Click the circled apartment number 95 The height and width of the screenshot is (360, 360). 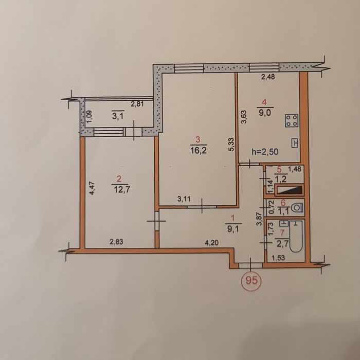[x=251, y=280]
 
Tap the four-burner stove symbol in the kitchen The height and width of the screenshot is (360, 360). [x=292, y=120]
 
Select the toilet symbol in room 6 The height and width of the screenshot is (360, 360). [x=297, y=208]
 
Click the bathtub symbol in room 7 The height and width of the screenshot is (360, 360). [x=296, y=237]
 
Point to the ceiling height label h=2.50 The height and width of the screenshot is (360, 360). [x=265, y=152]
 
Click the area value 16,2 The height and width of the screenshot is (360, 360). [x=199, y=151]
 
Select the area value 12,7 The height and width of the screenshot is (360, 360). [x=122, y=190]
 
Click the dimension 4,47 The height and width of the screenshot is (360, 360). [x=92, y=188]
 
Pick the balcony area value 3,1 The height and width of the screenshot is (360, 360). [x=118, y=116]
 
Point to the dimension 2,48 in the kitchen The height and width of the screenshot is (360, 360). [x=268, y=77]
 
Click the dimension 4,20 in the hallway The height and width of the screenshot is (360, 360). [x=211, y=242]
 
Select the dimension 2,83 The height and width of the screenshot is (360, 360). [x=116, y=242]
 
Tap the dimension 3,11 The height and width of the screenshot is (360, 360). [x=184, y=199]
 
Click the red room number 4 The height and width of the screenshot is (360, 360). [x=264, y=102]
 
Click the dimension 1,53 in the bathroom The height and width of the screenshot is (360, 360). [x=278, y=258]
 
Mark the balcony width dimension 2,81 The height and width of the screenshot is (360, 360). [x=137, y=104]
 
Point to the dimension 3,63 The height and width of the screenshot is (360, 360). [x=244, y=117]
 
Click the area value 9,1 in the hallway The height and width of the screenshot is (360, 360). [x=233, y=229]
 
